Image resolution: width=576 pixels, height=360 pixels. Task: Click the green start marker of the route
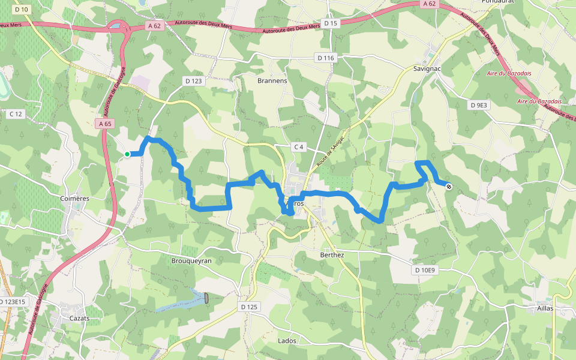(127, 154)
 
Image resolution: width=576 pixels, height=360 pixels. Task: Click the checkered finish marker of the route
(449, 186)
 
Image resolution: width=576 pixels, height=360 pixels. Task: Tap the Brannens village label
(272, 80)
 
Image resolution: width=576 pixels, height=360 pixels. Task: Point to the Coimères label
(75, 199)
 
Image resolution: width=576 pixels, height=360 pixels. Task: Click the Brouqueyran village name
(191, 261)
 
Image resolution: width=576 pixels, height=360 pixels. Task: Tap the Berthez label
(332, 254)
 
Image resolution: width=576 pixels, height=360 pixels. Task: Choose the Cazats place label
(79, 318)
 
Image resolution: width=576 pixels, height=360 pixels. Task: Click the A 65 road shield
(104, 124)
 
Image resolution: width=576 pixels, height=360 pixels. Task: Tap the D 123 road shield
(194, 80)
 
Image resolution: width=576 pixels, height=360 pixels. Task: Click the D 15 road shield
(331, 23)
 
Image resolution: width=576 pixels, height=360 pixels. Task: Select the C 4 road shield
(299, 147)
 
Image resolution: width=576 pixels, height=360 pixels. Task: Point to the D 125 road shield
(249, 307)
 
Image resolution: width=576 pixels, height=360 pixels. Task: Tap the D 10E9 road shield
(425, 271)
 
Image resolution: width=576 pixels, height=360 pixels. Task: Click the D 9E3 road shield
(480, 105)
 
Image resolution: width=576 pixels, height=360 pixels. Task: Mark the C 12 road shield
(16, 114)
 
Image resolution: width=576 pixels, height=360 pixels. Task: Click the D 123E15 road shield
(12, 301)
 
